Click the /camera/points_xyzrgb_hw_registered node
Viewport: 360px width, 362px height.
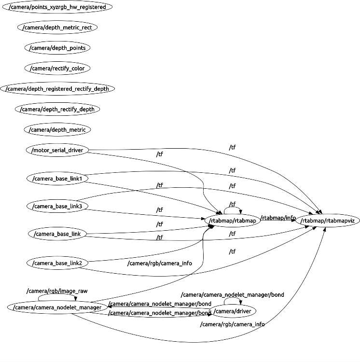tap(57, 7)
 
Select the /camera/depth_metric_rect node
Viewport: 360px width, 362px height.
tap(57, 28)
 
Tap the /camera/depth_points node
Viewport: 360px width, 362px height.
tap(57, 48)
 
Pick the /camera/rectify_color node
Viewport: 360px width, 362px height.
tap(57, 68)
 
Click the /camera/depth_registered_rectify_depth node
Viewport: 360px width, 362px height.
tap(57, 89)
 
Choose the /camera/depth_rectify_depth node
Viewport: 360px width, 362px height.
tap(57, 109)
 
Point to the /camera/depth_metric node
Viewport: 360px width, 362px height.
tap(57, 129)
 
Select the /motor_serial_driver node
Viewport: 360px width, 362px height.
tap(57, 150)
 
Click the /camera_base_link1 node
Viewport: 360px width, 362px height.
tap(57, 179)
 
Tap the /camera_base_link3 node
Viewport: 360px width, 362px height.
tap(57, 207)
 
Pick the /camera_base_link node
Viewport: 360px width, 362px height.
tap(57, 235)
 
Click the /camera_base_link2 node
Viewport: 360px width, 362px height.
tap(57, 263)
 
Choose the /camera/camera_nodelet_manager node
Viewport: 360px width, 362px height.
tap(57, 307)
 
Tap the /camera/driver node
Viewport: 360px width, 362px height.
tap(232, 310)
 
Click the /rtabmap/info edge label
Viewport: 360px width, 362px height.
tap(278, 218)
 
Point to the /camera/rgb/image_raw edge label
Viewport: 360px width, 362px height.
tap(57, 291)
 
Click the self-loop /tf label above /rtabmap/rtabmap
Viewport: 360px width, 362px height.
tap(233, 204)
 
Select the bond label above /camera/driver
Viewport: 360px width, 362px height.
tap(232, 294)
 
